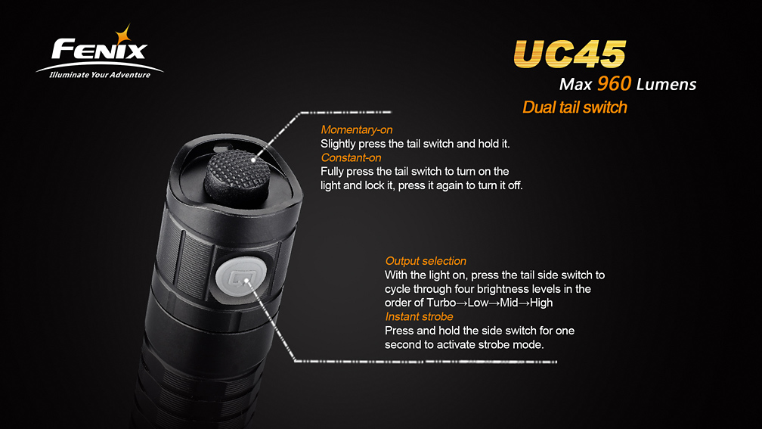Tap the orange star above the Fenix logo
[x=123, y=35]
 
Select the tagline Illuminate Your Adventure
[x=100, y=75]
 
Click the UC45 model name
[x=569, y=54]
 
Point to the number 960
[x=615, y=84]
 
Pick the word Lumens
[x=666, y=85]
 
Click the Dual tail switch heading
[x=575, y=107]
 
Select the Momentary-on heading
[x=357, y=130]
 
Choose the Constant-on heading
[x=351, y=157]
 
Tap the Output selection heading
[x=426, y=261]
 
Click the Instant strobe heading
[x=419, y=316]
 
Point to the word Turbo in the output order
[x=441, y=303]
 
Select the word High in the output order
[x=541, y=303]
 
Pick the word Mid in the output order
[x=509, y=303]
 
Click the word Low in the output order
[x=478, y=303]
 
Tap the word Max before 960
[x=575, y=85]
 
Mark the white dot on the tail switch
[x=253, y=160]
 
